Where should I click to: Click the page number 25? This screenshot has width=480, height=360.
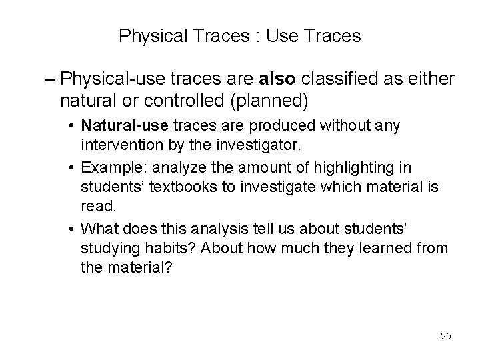click(x=445, y=336)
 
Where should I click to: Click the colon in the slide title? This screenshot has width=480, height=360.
click(x=256, y=36)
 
